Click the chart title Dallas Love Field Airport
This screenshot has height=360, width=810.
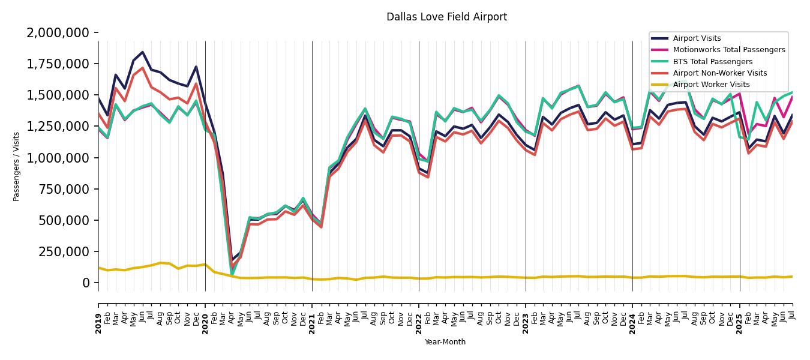coord(446,17)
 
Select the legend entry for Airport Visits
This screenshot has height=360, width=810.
coord(697,38)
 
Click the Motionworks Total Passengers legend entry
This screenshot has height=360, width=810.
coord(728,50)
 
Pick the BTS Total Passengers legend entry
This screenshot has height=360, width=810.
coord(712,62)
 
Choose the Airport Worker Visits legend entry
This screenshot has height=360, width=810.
coord(711,85)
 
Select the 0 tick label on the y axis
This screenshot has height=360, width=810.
coord(87,283)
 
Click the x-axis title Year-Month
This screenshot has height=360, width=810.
coord(445,342)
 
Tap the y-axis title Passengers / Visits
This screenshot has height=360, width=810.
coord(17,166)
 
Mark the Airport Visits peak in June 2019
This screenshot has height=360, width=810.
coord(143,52)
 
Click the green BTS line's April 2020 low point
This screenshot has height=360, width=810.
coord(232,275)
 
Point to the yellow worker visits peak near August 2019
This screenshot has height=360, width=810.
coord(161,263)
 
